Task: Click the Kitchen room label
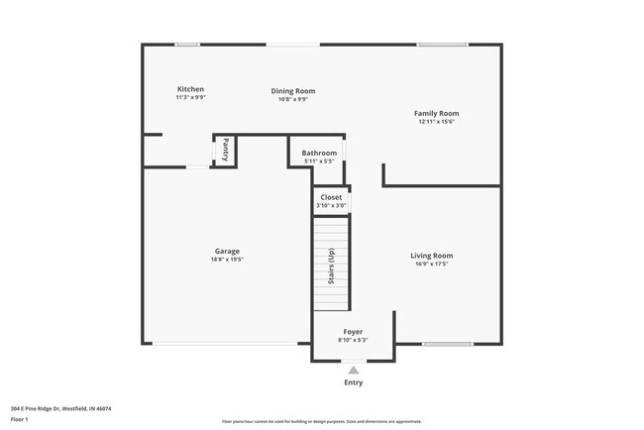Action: (190, 89)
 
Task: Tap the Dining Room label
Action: (293, 91)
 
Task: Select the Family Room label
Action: (436, 113)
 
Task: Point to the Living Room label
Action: (432, 256)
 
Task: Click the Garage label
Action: (227, 251)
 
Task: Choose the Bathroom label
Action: (319, 153)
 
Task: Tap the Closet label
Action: (331, 197)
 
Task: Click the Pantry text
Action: (226, 150)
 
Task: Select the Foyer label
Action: (353, 331)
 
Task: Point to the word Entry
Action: (353, 382)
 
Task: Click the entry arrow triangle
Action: (353, 370)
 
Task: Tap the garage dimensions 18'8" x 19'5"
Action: (227, 260)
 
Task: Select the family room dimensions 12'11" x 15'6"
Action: (436, 122)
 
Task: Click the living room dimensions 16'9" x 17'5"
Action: (432, 265)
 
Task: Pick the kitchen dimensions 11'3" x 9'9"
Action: (190, 98)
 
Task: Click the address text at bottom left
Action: (60, 407)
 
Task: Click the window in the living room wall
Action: (448, 344)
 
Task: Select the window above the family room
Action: (442, 45)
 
